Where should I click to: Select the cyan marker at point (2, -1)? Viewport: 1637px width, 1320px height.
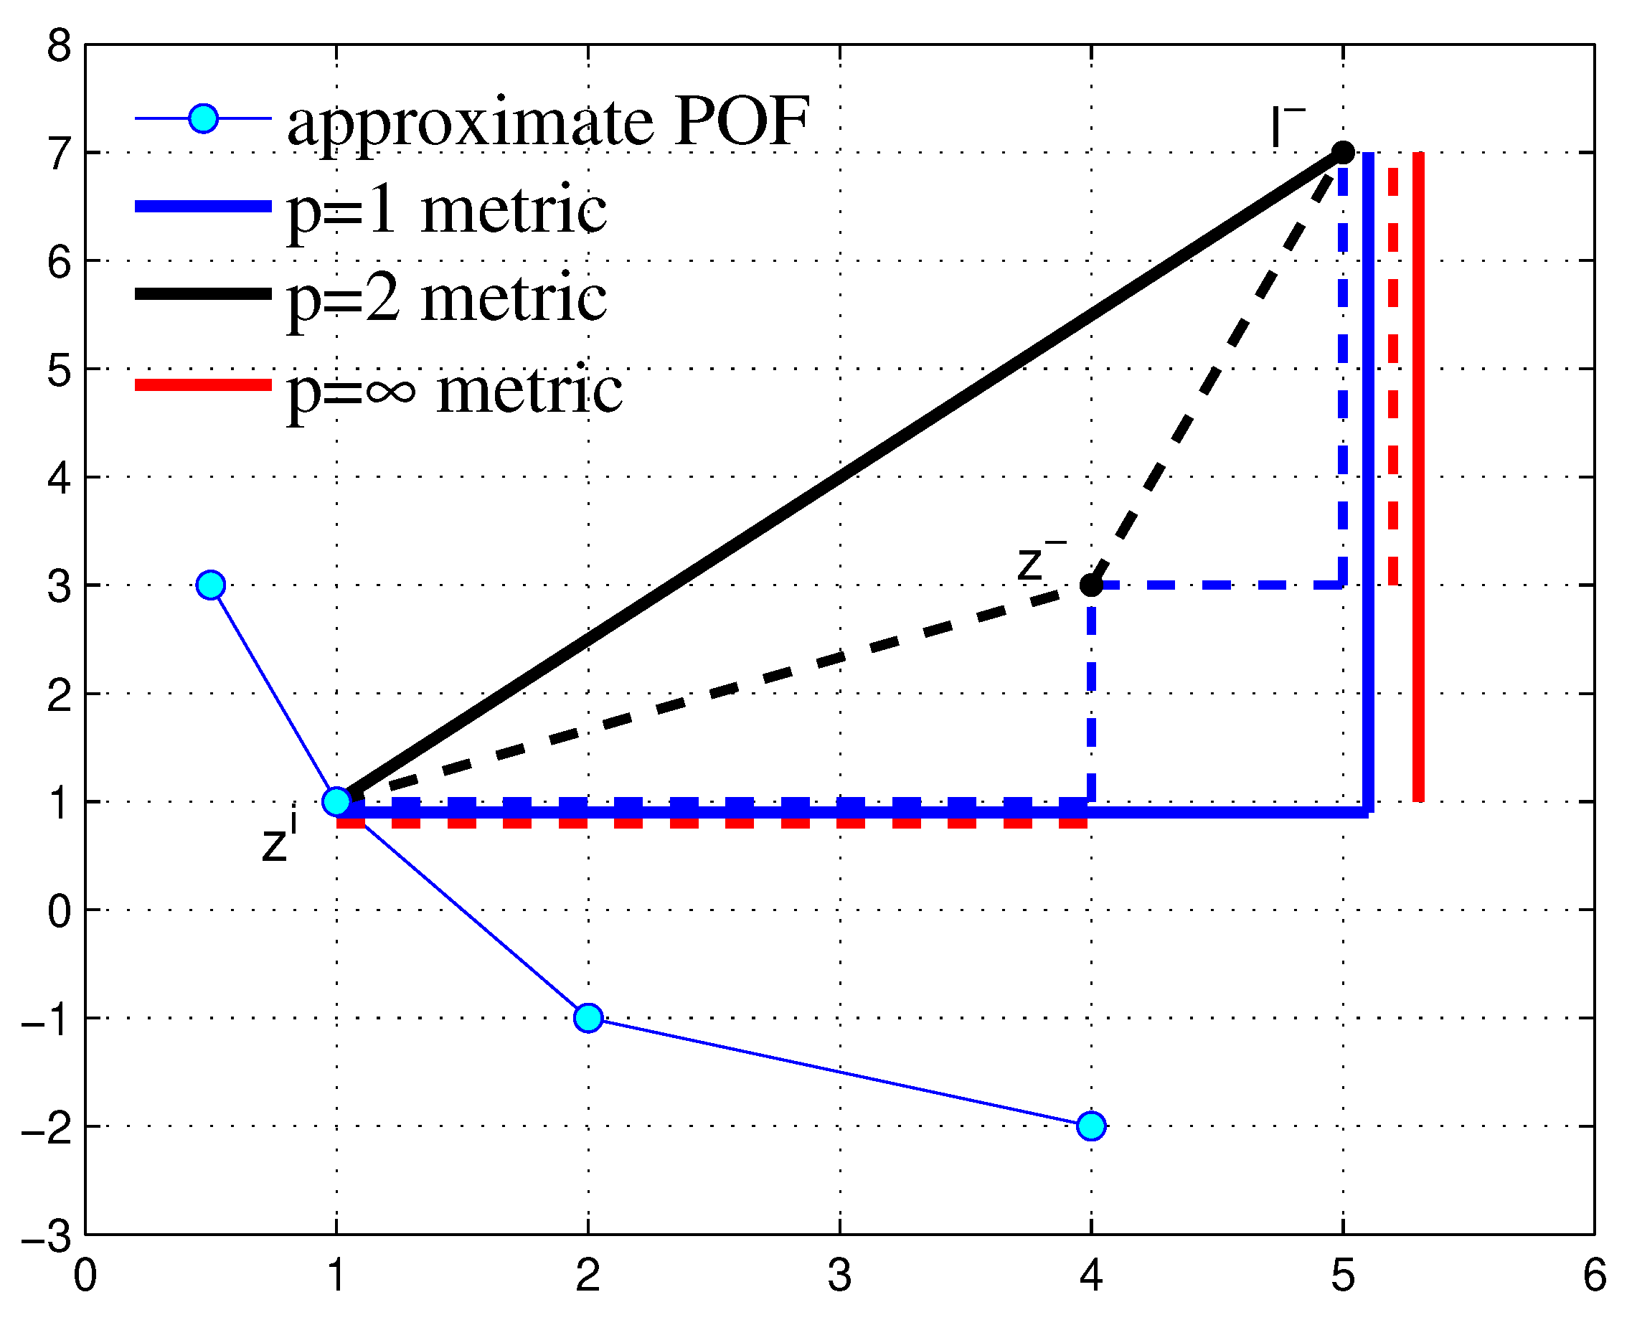[x=588, y=1017]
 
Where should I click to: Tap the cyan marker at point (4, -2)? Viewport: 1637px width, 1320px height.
[x=1091, y=1126]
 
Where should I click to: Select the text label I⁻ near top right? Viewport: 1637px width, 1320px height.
[x=1286, y=128]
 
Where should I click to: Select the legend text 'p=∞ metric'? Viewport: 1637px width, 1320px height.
[x=454, y=390]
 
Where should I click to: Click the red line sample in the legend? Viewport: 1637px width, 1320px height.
[x=203, y=385]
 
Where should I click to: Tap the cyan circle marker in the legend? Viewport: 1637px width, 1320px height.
[x=203, y=118]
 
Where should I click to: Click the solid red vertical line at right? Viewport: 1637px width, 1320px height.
[x=1418, y=477]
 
